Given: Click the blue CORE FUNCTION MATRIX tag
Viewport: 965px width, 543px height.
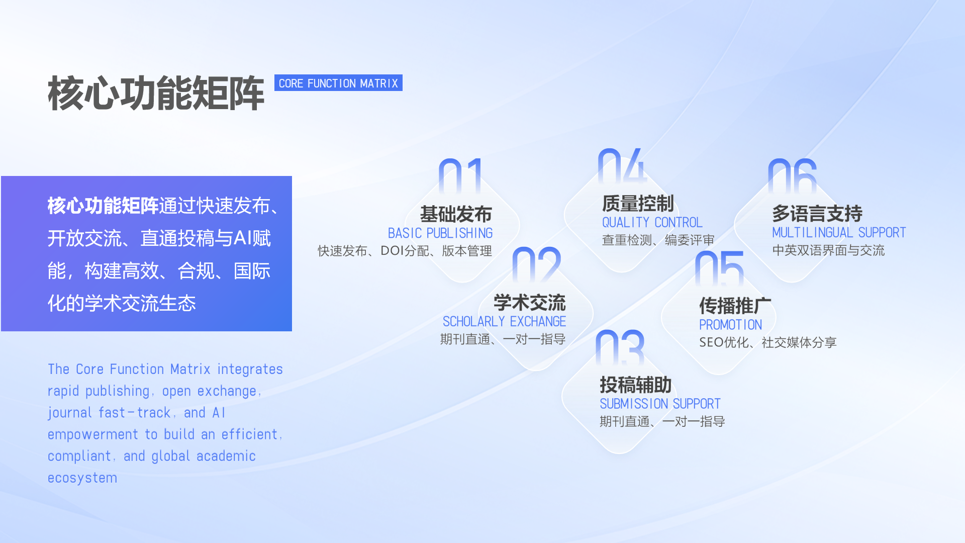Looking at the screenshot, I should point(338,83).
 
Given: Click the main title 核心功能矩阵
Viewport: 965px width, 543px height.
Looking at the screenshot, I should point(156,94).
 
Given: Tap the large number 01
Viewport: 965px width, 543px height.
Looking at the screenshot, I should point(461,176).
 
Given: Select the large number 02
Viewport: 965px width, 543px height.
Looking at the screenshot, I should point(536,265).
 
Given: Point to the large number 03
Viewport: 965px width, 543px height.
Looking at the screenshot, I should point(619,347).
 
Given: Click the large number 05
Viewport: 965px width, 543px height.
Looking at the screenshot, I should point(719,268).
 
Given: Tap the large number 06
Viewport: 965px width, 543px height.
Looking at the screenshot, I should point(792,176).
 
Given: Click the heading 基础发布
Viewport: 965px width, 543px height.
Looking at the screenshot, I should point(456,214).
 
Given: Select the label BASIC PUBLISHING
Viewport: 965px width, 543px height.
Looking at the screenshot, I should point(440,233).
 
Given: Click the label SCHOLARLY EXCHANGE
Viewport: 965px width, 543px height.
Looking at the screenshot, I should point(504,322).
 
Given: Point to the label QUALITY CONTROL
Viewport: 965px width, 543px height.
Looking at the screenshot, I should point(652,222).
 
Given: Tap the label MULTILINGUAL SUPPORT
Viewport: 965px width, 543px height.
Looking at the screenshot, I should point(839,233).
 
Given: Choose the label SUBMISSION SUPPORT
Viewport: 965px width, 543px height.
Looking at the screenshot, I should point(660,404).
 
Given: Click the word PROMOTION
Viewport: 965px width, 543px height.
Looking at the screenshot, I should point(730,325).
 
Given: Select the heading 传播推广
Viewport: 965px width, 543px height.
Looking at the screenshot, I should point(735,306).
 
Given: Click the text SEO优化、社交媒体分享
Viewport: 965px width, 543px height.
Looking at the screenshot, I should point(767,343).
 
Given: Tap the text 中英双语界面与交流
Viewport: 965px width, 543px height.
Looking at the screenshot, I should point(828,250).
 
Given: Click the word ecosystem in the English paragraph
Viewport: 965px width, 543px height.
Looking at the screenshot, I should point(82,478).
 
